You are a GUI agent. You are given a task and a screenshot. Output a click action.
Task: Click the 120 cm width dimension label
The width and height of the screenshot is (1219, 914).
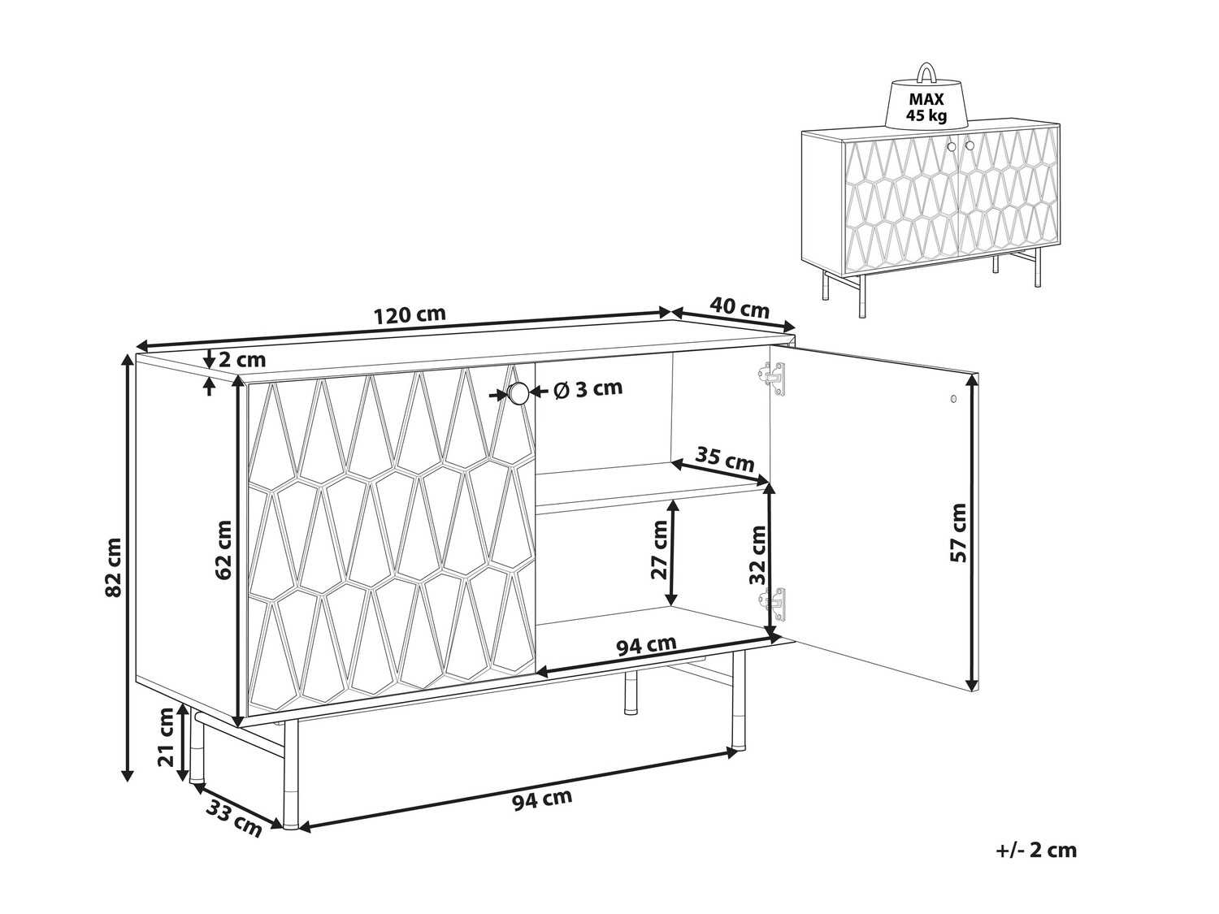pos(410,314)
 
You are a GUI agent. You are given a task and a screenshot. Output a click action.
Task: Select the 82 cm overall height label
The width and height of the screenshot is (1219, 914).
pos(113,566)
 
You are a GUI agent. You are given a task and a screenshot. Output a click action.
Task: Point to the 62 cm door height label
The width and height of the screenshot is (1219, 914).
pos(223,550)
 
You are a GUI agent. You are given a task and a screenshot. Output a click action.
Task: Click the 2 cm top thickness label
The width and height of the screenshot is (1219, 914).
pos(242,360)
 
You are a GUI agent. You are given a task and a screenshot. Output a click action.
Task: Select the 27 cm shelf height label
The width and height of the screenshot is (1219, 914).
pos(659,550)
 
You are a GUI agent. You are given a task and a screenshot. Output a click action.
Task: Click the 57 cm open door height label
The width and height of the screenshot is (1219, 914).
pos(958,533)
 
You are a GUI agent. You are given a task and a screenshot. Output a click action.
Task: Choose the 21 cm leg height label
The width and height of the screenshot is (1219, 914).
pos(167,738)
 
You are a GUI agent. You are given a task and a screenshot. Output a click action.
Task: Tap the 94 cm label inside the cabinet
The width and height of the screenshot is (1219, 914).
pos(646,645)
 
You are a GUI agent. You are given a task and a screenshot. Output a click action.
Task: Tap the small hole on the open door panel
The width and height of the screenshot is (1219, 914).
pos(953,399)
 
